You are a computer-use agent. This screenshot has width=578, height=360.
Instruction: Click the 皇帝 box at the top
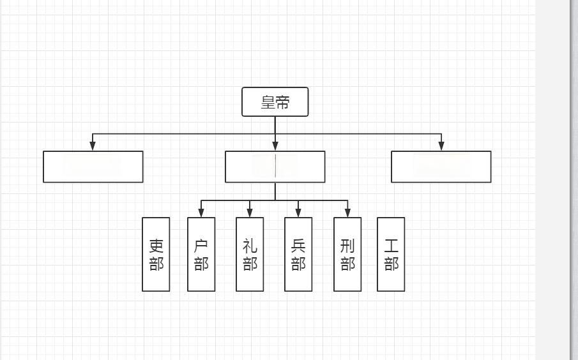pos(275,102)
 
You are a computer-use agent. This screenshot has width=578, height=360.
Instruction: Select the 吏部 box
pos(156,254)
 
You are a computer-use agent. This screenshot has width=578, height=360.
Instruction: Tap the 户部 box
pos(201,254)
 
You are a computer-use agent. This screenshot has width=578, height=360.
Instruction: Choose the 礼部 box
pos(250,254)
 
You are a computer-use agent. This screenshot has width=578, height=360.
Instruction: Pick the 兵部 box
pos(298,254)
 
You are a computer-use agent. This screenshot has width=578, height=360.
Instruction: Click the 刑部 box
pos(347,254)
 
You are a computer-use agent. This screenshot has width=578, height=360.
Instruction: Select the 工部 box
pos(391,254)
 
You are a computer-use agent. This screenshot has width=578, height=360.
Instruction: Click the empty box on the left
pos(93,167)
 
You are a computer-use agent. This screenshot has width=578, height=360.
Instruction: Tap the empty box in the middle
pos(275,167)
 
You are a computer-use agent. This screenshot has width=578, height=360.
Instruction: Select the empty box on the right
pos(441,167)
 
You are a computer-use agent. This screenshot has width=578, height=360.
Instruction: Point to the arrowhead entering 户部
pos(201,213)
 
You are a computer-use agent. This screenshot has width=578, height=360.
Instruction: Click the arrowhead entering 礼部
pos(250,213)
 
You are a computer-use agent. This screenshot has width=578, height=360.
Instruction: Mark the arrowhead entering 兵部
pos(298,213)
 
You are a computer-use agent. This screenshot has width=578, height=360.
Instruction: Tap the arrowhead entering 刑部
pos(347,213)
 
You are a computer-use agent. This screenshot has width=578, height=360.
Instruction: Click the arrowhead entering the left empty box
pos(93,146)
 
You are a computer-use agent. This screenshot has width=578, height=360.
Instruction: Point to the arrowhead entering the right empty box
pos(441,146)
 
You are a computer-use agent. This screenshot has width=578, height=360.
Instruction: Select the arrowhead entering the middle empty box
pos(275,146)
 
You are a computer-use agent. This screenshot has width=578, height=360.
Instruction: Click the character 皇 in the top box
pos(268,102)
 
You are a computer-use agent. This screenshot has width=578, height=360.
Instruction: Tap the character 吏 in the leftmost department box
pos(156,246)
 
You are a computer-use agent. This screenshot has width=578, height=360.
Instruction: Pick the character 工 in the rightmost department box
pos(391,246)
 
